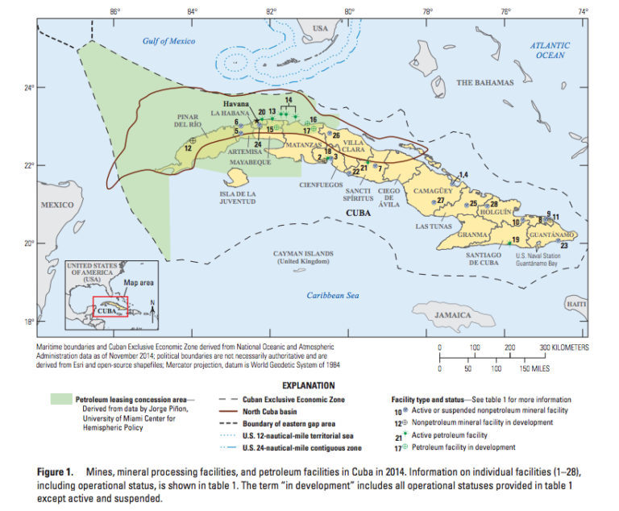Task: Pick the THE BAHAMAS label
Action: tap(484, 83)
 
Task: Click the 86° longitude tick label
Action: tap(114, 12)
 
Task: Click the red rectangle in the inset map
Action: tap(110, 307)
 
